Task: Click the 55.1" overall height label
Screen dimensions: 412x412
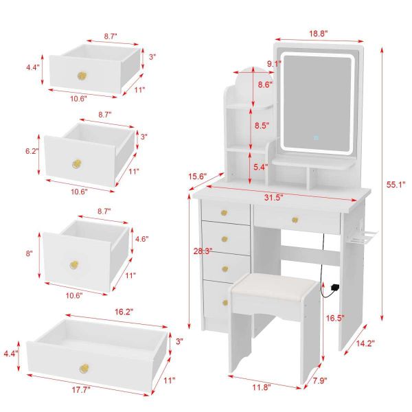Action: point(396,185)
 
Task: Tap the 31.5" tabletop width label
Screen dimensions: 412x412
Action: point(273,198)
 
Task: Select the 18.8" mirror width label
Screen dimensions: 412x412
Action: point(318,34)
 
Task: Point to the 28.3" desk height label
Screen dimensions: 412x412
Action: point(203,251)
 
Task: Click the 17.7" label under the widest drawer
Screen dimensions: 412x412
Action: point(81,389)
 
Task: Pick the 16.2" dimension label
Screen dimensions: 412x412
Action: point(124,312)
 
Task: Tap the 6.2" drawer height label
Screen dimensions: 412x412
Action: point(32,151)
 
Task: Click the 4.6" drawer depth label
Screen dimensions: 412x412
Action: point(141,239)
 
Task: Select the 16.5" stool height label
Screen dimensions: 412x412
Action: point(335,318)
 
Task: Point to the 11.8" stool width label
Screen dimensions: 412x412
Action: point(262,387)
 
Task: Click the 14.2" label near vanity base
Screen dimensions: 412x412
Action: point(365,343)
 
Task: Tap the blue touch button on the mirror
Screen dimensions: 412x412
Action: point(316,137)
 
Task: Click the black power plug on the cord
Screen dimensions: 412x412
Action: point(335,287)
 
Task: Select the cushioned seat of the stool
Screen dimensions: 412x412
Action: point(275,284)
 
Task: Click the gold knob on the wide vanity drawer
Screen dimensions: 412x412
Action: point(295,220)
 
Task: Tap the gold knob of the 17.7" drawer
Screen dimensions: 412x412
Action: point(84,368)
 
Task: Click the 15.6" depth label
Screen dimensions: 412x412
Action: point(198,176)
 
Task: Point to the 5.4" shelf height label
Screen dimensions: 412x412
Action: point(261,167)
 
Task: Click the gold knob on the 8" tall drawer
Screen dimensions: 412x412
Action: point(74,265)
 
